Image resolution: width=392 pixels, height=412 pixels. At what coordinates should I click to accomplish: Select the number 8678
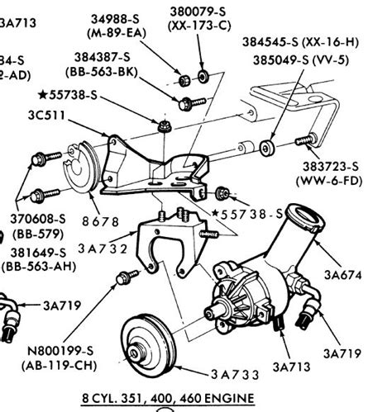click(x=102, y=221)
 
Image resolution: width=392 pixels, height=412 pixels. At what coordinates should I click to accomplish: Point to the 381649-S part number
click(x=38, y=253)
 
